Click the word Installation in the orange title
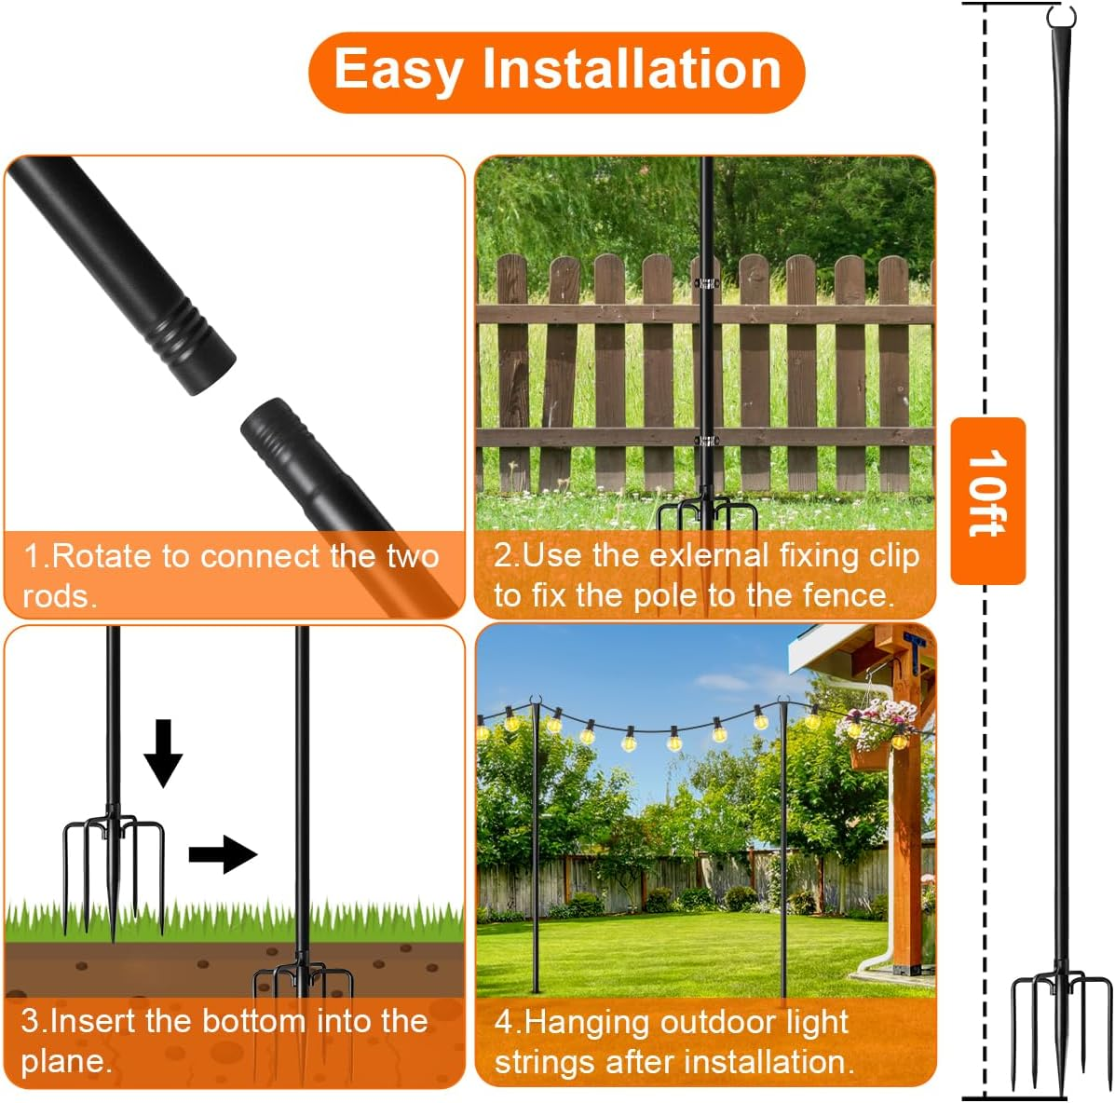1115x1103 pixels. click(x=631, y=70)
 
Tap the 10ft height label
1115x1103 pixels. click(x=987, y=494)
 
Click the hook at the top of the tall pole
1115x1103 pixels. click(x=1061, y=18)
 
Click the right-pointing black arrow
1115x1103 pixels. click(x=222, y=854)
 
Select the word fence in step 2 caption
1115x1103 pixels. click(x=846, y=594)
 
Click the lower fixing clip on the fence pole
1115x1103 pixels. click(x=707, y=441)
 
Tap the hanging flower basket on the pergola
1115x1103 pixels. click(x=876, y=731)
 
